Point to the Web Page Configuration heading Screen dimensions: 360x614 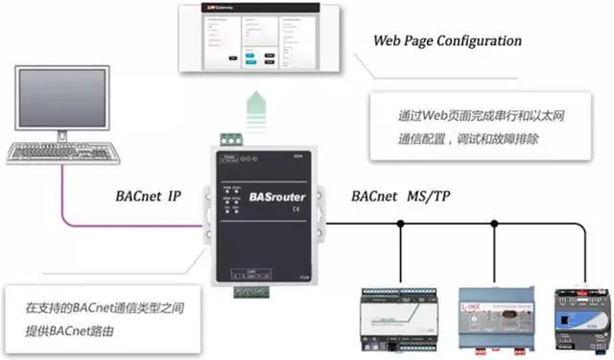[x=447, y=41]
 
